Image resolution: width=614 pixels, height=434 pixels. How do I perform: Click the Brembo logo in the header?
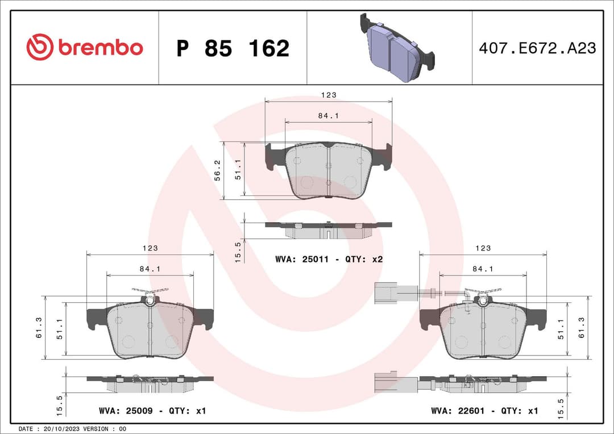(85, 48)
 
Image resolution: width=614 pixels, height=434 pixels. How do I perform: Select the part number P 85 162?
(233, 49)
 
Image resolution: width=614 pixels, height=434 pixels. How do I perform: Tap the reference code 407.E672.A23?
(537, 48)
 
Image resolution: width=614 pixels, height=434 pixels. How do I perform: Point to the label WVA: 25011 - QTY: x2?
(329, 259)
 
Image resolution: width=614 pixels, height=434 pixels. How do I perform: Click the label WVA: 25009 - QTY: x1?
(152, 411)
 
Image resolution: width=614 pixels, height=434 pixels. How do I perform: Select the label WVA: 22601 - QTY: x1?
(484, 411)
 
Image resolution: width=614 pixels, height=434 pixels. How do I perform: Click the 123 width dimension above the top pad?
(329, 95)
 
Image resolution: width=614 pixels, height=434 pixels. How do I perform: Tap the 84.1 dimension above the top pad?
(328, 115)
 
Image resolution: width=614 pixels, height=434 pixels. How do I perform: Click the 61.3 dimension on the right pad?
(581, 328)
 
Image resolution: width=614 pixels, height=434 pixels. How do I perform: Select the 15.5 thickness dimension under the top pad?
(238, 251)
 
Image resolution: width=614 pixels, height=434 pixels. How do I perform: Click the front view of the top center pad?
(329, 170)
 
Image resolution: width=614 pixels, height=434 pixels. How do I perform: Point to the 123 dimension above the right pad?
(483, 248)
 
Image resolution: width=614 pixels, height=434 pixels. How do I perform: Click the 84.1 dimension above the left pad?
(150, 269)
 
